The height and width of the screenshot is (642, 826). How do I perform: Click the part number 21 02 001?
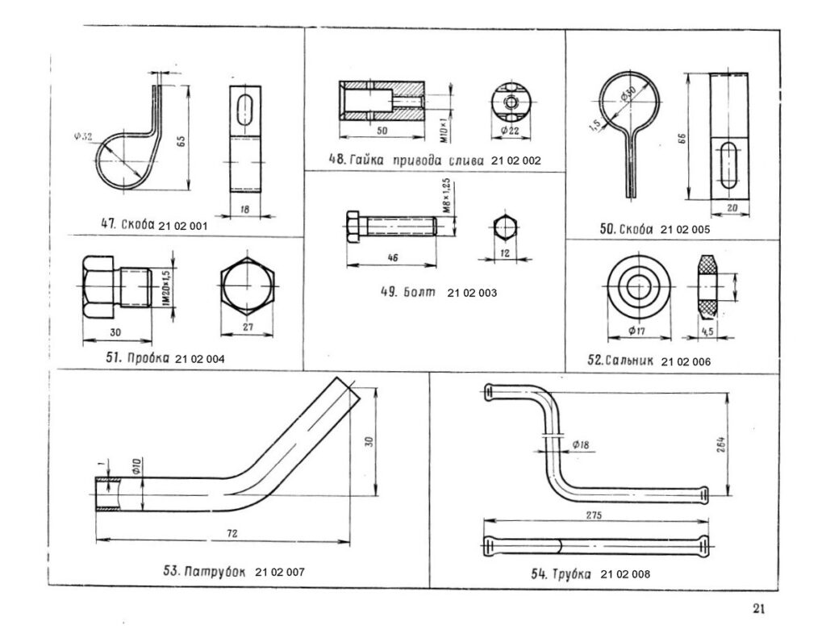(x=184, y=226)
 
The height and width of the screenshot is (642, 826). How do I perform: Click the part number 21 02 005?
(x=685, y=230)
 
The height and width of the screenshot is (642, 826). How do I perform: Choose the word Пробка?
(x=146, y=358)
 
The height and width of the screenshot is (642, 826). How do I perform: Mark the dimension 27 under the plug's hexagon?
(x=246, y=327)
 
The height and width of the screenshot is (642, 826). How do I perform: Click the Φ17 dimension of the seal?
(x=639, y=330)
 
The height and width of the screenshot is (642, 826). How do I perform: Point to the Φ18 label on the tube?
(x=580, y=445)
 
